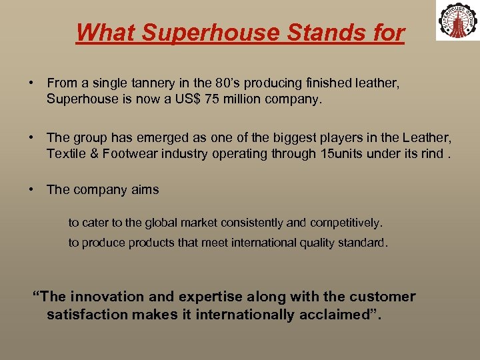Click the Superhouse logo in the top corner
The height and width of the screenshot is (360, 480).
coord(457,20)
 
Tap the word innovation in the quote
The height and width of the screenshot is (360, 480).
coord(103,297)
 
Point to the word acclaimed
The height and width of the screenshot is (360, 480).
coord(330,315)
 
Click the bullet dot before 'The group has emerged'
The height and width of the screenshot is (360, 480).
coord(31,138)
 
